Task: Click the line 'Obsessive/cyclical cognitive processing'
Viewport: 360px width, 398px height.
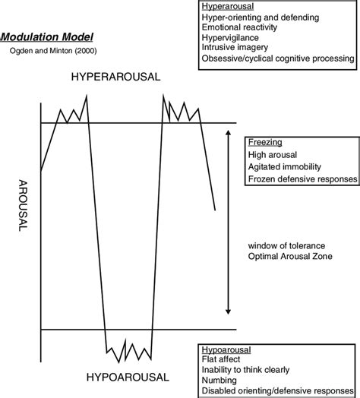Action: (278, 58)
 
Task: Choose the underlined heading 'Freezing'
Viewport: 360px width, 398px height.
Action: (262, 143)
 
